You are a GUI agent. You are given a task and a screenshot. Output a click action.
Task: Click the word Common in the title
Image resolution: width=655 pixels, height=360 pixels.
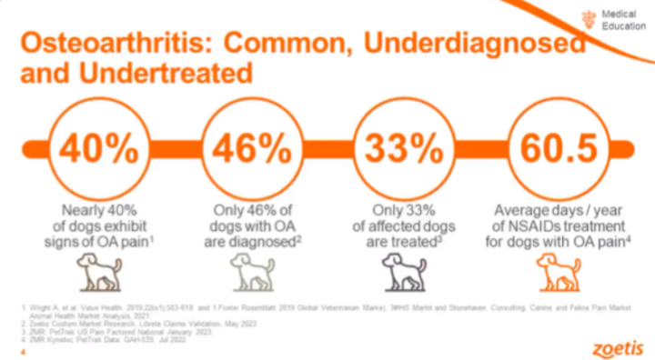(x=302, y=42)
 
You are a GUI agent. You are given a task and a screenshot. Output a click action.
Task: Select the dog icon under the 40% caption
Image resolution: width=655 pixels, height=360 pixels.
(x=98, y=269)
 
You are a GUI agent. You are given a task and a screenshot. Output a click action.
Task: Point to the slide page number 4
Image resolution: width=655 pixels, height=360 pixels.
(x=24, y=343)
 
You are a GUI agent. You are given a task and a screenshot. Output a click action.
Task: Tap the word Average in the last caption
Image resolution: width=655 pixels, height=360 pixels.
(x=519, y=209)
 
